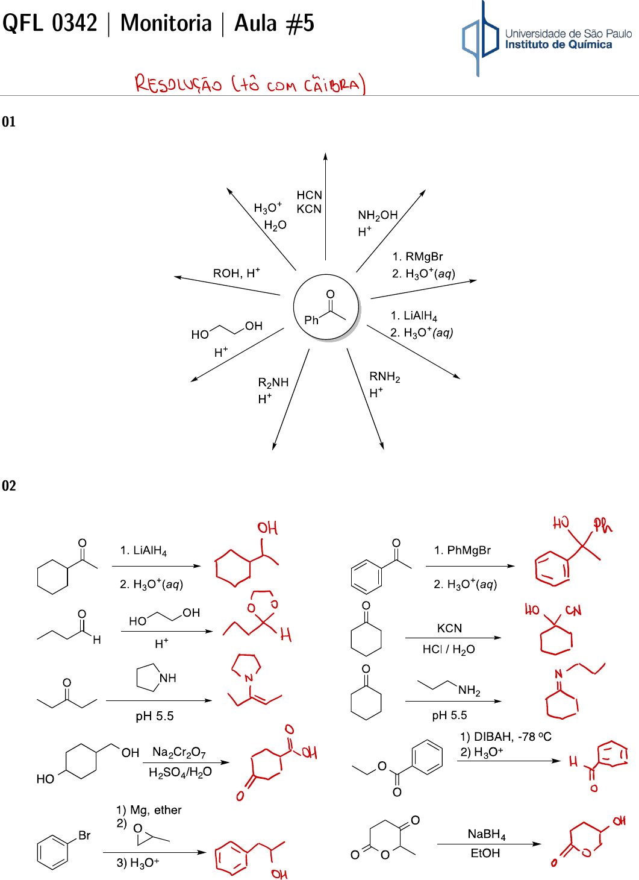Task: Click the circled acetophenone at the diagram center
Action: click(326, 307)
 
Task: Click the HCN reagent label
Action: click(310, 195)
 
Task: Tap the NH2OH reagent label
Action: click(378, 215)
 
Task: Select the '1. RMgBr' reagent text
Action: click(417, 257)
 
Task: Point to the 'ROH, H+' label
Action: click(236, 273)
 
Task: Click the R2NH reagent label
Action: click(273, 383)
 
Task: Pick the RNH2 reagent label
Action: click(384, 377)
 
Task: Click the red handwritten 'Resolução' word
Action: click(178, 84)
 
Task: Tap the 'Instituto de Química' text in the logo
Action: click(558, 45)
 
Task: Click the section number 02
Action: click(9, 486)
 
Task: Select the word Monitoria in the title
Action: click(166, 24)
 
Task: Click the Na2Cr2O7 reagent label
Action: click(179, 752)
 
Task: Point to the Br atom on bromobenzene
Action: click(84, 835)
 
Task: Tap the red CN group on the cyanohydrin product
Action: click(573, 611)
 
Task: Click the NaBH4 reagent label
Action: click(487, 834)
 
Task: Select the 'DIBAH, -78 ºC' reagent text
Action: click(512, 737)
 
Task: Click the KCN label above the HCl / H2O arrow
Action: click(449, 628)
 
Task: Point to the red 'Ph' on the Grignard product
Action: click(602, 526)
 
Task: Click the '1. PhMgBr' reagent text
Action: click(462, 550)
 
